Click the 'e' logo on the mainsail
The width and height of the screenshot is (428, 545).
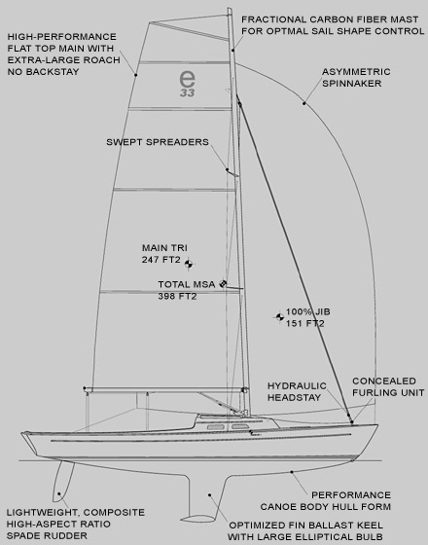click(187, 79)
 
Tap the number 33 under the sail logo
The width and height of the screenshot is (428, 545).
click(187, 92)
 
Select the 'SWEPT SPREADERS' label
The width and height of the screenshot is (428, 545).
click(158, 142)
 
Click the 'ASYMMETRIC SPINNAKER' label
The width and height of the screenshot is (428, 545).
click(356, 78)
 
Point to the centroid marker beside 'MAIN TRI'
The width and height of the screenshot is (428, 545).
click(189, 264)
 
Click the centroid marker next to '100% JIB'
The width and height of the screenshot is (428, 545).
click(279, 316)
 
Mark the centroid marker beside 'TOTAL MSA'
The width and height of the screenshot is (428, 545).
click(223, 283)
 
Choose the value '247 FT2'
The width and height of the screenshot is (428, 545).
click(160, 260)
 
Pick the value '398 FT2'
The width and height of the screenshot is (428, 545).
click(177, 296)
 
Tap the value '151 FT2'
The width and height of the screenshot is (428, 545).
click(305, 323)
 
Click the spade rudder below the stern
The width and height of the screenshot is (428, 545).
click(63, 482)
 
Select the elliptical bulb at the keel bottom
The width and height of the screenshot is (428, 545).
click(197, 519)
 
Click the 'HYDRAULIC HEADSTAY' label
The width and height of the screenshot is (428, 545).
click(297, 391)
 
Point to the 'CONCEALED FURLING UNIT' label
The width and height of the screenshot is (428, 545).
click(388, 386)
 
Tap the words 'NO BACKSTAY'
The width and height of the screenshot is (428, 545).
click(44, 72)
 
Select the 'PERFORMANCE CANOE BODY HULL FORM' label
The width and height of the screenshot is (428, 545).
click(326, 501)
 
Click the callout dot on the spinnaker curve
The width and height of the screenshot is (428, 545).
click(303, 103)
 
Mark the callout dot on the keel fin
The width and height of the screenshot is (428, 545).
click(209, 495)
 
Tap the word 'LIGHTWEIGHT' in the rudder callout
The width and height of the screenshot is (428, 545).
click(42, 513)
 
